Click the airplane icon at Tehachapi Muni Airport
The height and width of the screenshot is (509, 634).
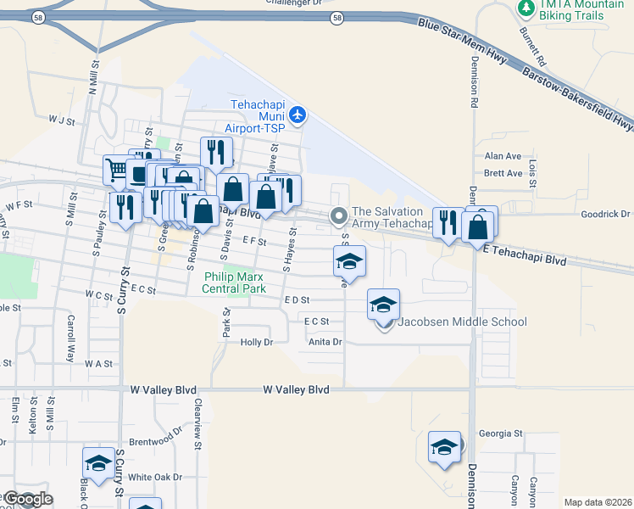[x=297, y=114]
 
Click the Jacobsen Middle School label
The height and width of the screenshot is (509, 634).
[x=463, y=322]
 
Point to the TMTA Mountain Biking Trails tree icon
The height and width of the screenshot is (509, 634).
[x=526, y=7]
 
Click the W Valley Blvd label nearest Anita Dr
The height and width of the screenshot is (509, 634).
[x=295, y=389]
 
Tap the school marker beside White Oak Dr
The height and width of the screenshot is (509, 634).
[x=98, y=462]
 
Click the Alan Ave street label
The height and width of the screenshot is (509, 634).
[x=502, y=156]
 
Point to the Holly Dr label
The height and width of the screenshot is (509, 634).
[x=257, y=343]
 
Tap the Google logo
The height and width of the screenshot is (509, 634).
[x=27, y=499]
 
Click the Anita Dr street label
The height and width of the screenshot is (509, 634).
[x=325, y=343]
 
